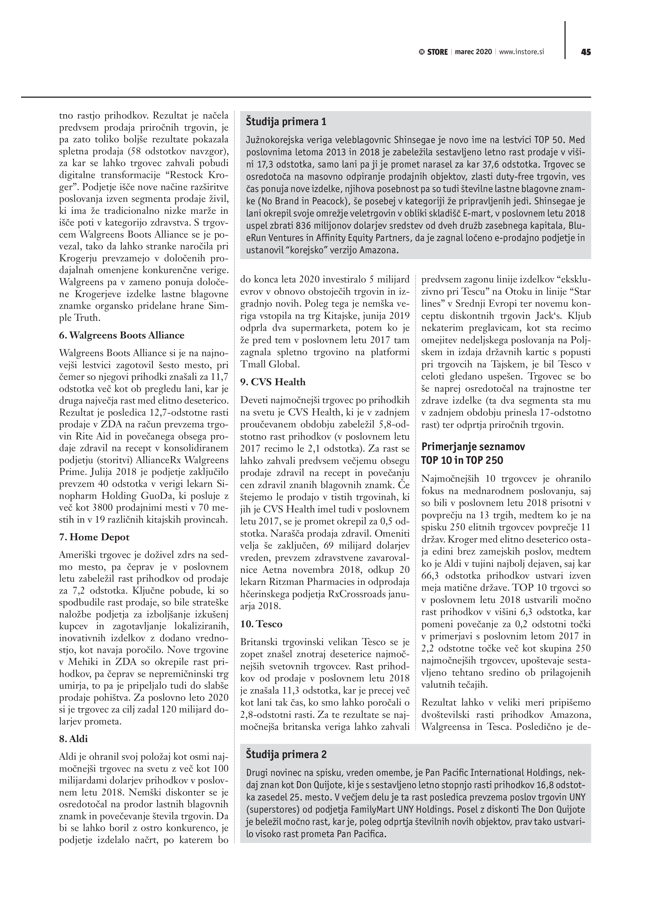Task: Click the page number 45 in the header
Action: (586, 52)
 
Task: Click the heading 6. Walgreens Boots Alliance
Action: (122, 335)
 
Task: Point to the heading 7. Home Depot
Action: (94, 537)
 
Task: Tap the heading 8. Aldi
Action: (73, 739)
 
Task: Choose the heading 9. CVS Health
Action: (273, 382)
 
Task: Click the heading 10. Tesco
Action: (261, 624)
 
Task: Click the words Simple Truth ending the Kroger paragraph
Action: (80, 318)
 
